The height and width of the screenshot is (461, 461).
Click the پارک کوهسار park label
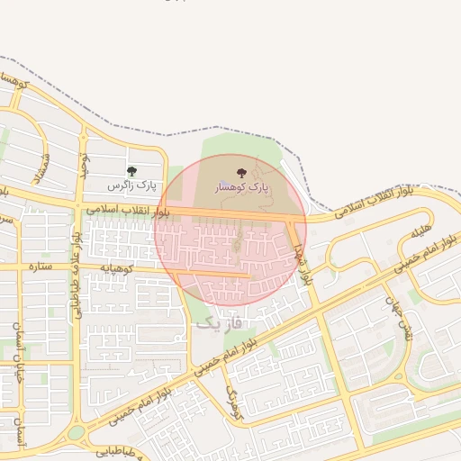pyautogui.click(x=241, y=188)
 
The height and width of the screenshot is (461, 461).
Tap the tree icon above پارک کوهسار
pyautogui.click(x=240, y=173)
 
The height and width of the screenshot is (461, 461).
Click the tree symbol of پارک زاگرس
pyautogui.click(x=131, y=171)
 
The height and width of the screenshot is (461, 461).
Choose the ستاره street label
pyautogui.click(x=40, y=267)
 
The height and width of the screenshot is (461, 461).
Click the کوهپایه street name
pyautogui.click(x=117, y=267)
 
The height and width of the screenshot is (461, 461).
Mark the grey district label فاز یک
pyautogui.click(x=219, y=321)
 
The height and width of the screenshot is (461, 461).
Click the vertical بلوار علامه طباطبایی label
pyautogui.click(x=77, y=275)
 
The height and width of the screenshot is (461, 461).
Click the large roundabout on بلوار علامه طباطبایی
pyautogui.click(x=76, y=432)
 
